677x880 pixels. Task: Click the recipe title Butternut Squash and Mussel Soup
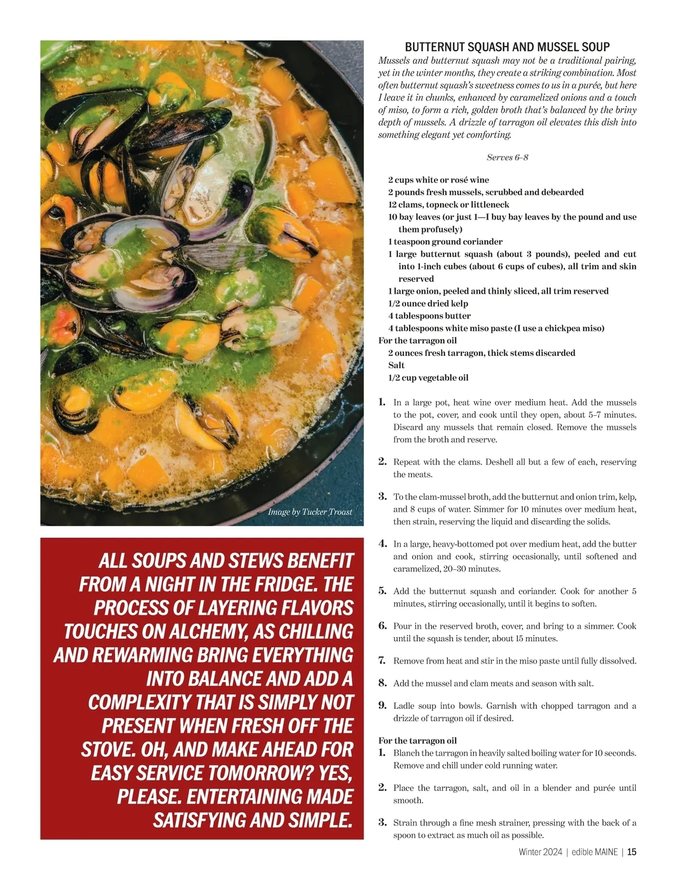pos(507,47)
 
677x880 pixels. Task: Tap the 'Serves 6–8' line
pos(507,158)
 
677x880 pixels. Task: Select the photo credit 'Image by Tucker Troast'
pos(310,512)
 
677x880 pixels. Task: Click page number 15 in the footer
pos(632,852)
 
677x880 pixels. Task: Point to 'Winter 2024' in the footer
pos(540,852)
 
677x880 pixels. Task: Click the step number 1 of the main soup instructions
pos(382,402)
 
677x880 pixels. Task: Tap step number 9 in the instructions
pos(382,705)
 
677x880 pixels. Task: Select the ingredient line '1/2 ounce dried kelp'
pos(428,303)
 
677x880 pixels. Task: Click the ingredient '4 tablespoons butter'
pos(429,316)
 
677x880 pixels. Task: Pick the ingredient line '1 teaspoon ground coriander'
pos(445,242)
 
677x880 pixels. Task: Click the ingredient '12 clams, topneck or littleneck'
pos(449,204)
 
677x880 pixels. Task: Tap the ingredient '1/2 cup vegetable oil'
pos(428,378)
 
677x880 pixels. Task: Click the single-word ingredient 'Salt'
pos(396,365)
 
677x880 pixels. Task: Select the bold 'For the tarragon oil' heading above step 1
pos(417,740)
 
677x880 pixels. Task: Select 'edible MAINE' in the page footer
pos(595,852)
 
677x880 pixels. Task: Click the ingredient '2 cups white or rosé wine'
pos(438,180)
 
